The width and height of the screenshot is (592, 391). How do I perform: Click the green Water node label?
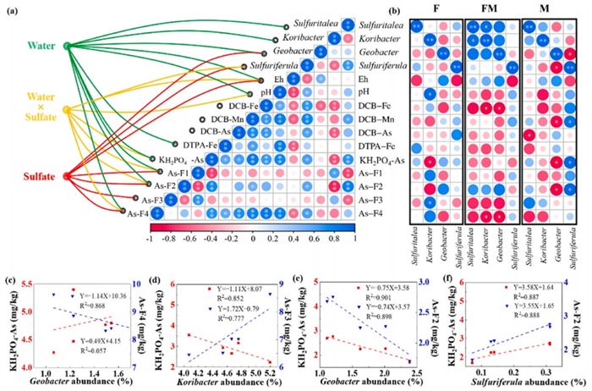29,42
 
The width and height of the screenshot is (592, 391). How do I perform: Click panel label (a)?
13,8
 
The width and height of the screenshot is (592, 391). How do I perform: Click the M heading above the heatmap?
547,8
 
